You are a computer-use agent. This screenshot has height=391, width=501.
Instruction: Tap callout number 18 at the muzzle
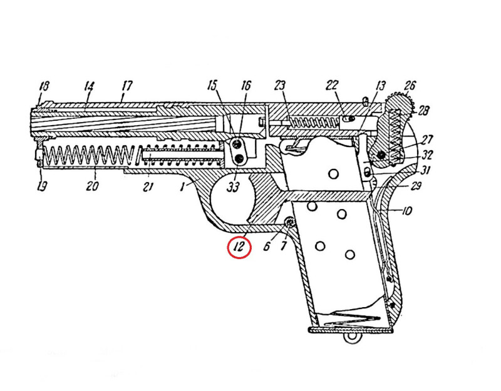pos(44,86)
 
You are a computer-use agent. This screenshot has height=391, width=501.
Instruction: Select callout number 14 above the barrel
pos(89,86)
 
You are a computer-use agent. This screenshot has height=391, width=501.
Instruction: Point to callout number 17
pos(127,86)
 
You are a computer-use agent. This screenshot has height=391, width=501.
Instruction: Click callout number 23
pos(279,86)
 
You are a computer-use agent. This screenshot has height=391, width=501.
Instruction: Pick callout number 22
pos(332,85)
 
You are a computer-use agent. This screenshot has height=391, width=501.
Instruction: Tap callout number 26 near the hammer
pos(410,85)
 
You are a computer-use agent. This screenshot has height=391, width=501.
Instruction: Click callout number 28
pos(423,111)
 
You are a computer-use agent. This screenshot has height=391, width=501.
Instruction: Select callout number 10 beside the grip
pos(406,211)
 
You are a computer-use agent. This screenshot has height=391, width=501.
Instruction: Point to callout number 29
pos(415,186)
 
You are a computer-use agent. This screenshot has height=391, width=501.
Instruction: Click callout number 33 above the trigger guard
pos(232,187)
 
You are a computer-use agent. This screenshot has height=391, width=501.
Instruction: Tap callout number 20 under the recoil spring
pos(91,185)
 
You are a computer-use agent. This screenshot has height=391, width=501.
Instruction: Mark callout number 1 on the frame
pos(182,186)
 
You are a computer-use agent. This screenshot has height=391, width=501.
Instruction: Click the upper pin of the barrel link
pos(237,145)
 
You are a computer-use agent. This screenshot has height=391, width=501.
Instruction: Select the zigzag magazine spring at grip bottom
pos(351,318)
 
